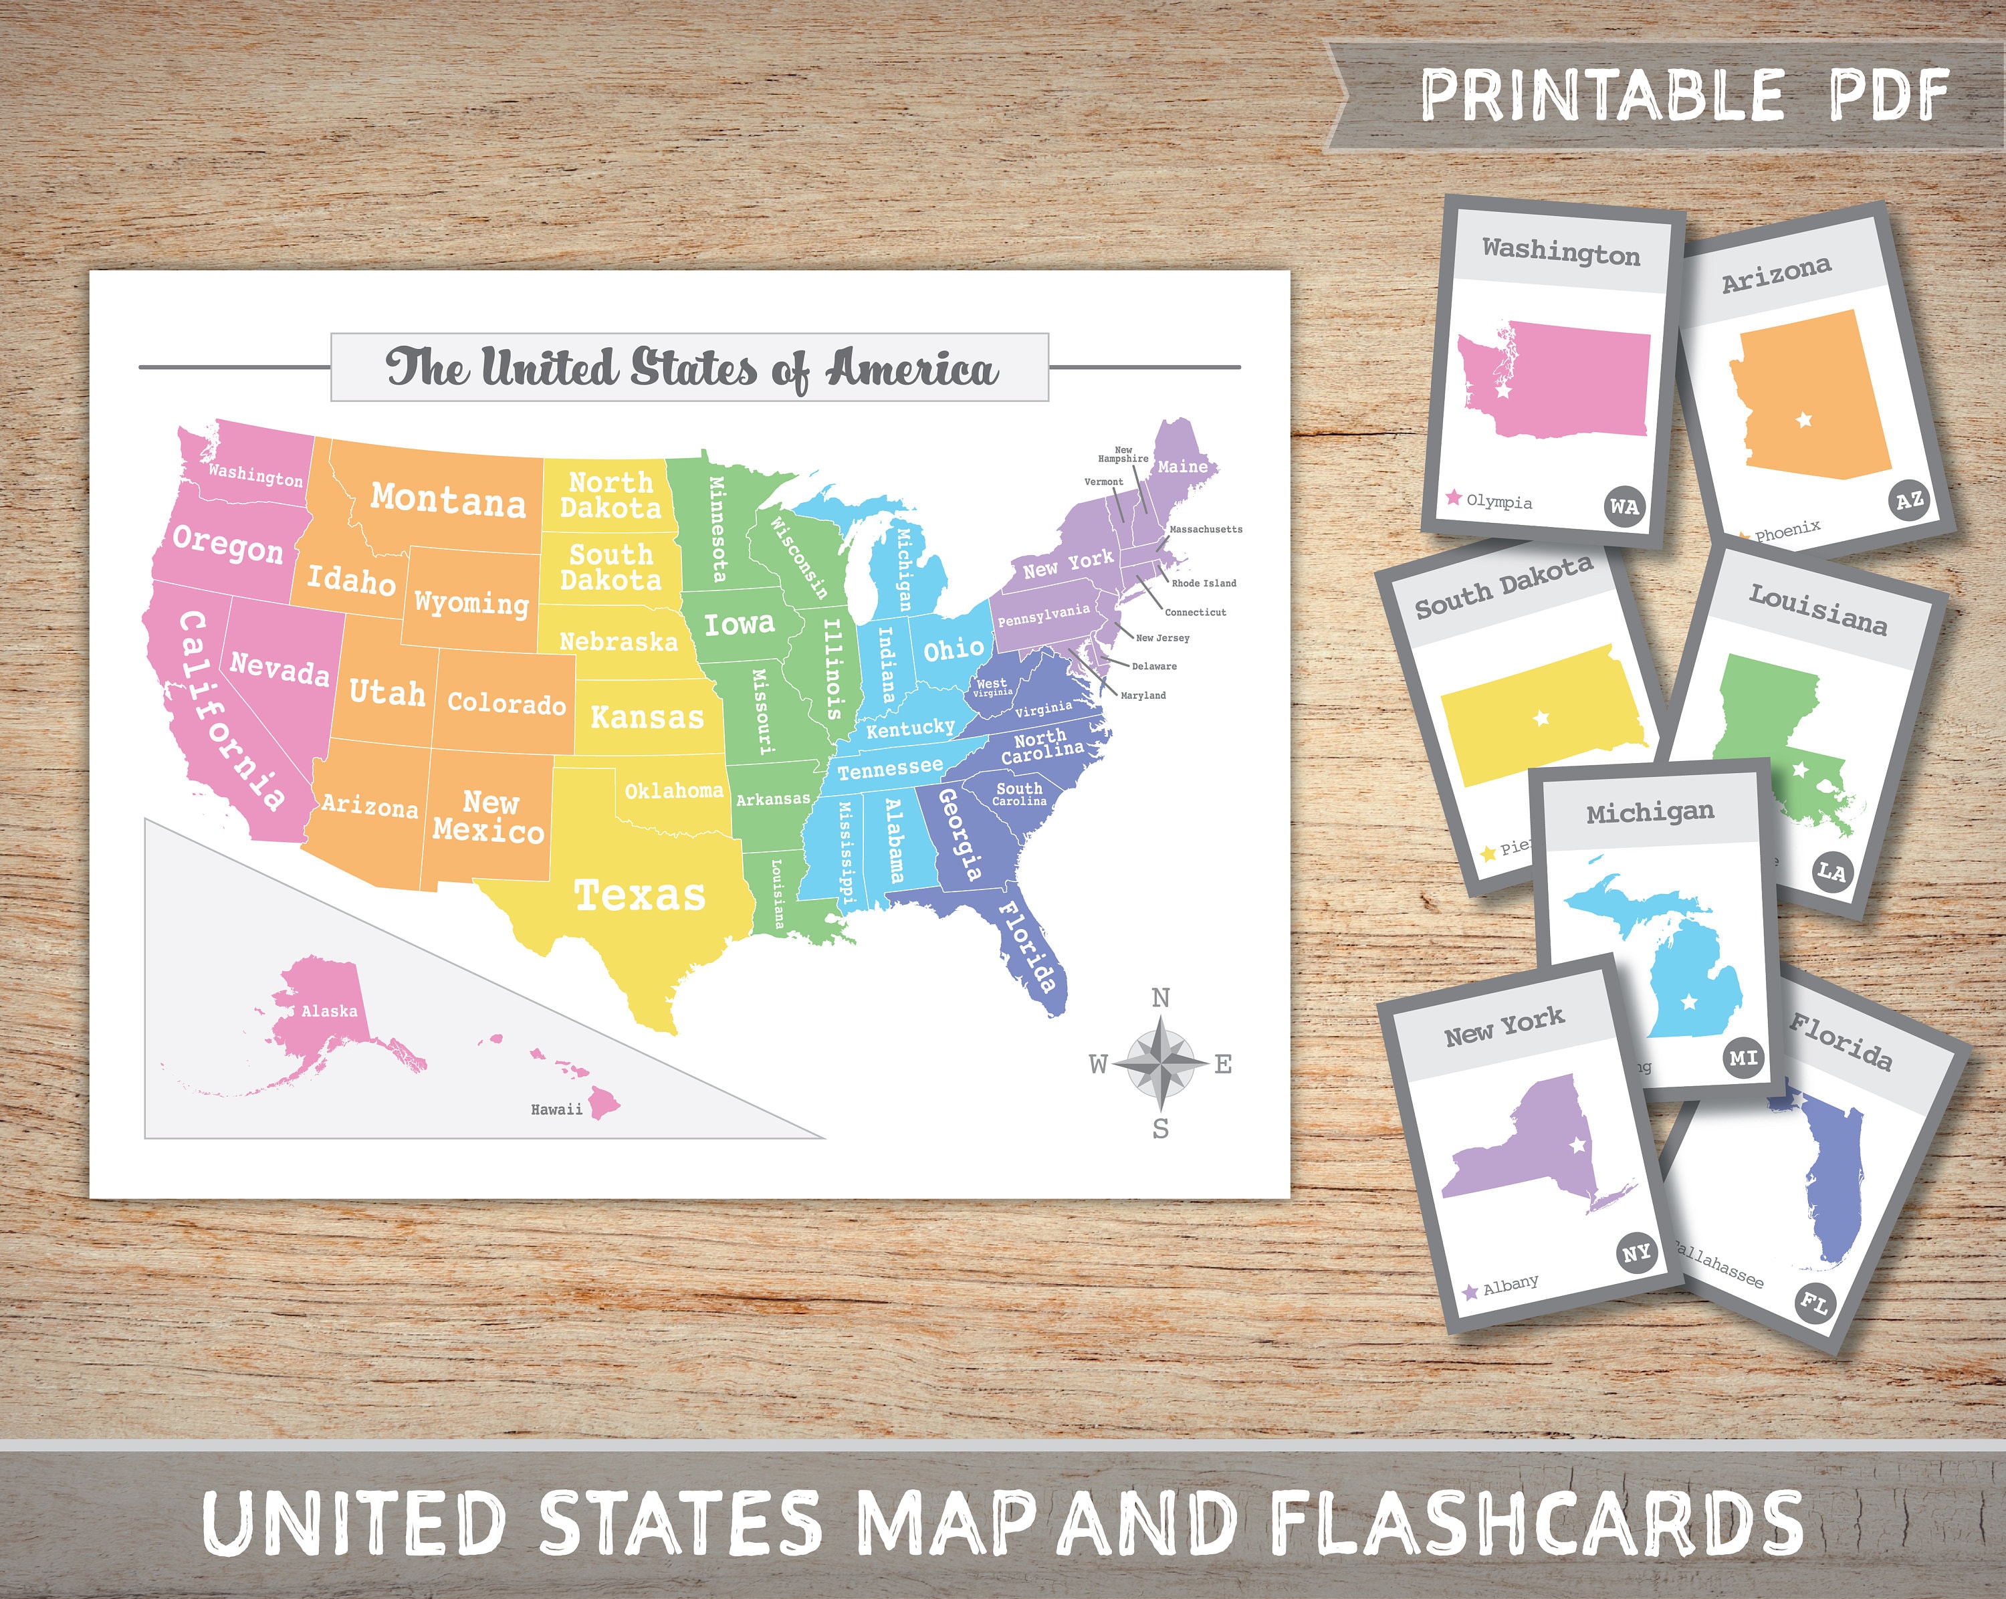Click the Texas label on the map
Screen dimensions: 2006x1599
(x=639, y=895)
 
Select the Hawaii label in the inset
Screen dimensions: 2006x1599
(x=556, y=1109)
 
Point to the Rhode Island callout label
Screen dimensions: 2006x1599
(x=1204, y=584)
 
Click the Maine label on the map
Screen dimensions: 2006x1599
(x=1183, y=466)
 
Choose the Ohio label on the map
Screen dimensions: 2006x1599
(x=953, y=649)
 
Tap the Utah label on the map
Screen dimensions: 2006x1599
(x=387, y=692)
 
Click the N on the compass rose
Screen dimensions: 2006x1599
(x=1160, y=998)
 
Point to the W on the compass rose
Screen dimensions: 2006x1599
(x=1099, y=1064)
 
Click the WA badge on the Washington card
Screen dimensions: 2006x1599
(x=1624, y=507)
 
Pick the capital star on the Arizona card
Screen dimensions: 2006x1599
(x=1804, y=420)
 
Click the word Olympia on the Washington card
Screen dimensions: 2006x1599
(x=1499, y=502)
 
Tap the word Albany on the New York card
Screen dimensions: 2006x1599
(x=1510, y=1285)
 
